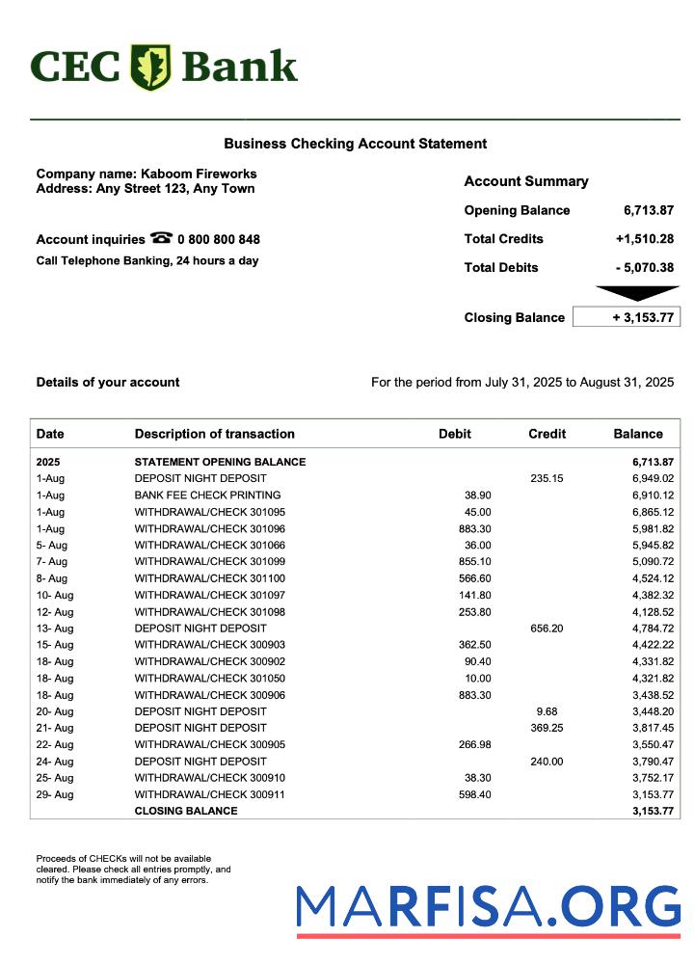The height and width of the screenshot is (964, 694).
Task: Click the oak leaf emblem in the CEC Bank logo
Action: [150, 67]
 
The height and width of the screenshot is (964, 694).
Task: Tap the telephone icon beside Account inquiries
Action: [161, 238]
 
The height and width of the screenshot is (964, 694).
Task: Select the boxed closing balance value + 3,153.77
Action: [627, 317]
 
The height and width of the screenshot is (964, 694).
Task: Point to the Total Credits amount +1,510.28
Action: [644, 239]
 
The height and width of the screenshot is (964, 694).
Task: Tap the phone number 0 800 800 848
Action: [219, 239]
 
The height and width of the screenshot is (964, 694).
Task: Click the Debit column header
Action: [455, 434]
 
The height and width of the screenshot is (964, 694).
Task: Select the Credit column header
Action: [547, 434]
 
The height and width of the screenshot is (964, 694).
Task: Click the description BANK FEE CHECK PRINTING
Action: [207, 495]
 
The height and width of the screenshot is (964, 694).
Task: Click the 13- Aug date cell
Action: [55, 629]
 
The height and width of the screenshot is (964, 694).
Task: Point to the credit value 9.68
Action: [547, 711]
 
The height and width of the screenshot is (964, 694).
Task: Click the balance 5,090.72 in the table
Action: [653, 561]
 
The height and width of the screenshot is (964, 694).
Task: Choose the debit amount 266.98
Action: [470, 744]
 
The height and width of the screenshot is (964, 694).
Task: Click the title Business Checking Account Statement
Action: [355, 144]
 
